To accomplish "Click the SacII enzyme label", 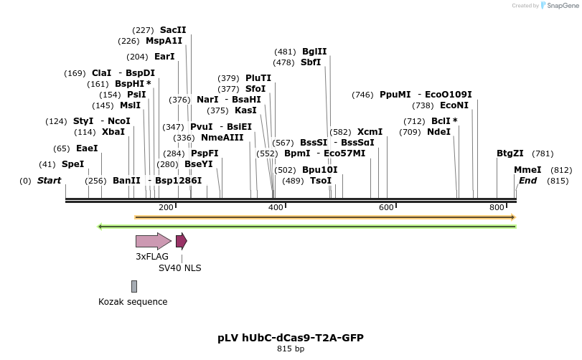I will click(x=173, y=30).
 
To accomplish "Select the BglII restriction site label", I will click(x=314, y=52).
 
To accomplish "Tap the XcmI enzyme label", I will click(x=370, y=132).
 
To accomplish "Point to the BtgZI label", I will click(x=510, y=153).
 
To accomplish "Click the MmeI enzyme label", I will click(x=527, y=170).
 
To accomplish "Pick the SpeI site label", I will click(x=72, y=164).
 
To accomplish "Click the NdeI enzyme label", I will click(x=438, y=132).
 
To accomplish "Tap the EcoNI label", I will click(x=454, y=105).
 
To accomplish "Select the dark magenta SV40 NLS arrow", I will click(x=181, y=241).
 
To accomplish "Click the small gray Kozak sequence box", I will click(x=133, y=286).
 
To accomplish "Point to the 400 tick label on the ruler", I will click(x=276, y=208).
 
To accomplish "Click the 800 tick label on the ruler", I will click(x=497, y=208).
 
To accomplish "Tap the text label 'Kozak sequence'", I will click(x=133, y=302).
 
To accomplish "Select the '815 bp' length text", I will click(x=290, y=349).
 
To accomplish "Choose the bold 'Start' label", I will click(x=50, y=181).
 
